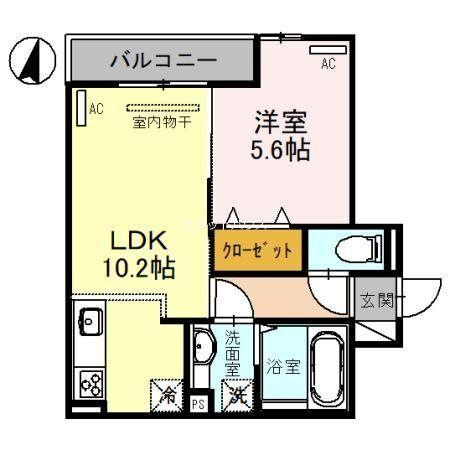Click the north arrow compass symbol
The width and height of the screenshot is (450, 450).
click(x=31, y=60)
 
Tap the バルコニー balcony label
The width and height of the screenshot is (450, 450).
click(x=163, y=61)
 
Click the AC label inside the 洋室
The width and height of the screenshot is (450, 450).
click(x=327, y=64)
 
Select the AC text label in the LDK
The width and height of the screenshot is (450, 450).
click(x=96, y=108)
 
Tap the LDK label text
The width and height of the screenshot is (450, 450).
click(x=137, y=240)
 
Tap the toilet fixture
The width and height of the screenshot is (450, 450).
click(x=353, y=248)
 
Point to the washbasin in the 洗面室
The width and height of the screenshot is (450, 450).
click(x=203, y=349)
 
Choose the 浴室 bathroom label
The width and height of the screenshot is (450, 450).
click(x=282, y=366)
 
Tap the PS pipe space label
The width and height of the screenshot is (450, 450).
click(x=198, y=404)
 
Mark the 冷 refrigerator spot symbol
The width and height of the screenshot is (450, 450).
click(x=168, y=394)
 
